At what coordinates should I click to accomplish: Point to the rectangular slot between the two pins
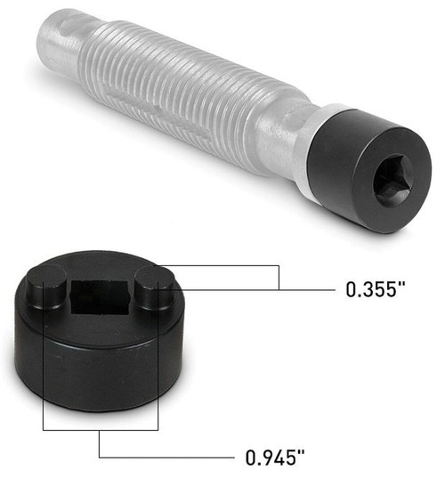pyautogui.click(x=99, y=298)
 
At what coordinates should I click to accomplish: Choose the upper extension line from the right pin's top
pyautogui.click(x=222, y=264)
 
